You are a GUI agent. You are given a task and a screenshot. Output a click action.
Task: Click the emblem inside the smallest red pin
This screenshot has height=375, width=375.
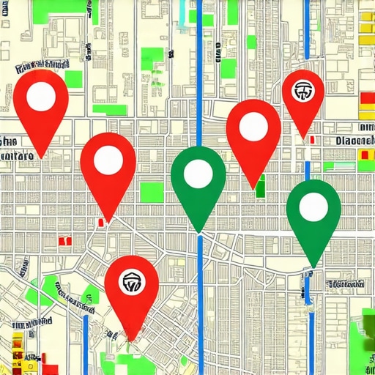tap(302, 92)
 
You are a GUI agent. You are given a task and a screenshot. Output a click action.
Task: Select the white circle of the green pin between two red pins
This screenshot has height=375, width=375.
tap(198, 173)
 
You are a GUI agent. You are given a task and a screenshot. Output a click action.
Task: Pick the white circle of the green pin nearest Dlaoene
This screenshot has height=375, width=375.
tap(313, 205)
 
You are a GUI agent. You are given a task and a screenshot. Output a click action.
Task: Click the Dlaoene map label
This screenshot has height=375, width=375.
tap(354, 141)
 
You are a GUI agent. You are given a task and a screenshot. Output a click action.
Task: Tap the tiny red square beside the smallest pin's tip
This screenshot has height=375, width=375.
tap(313, 139)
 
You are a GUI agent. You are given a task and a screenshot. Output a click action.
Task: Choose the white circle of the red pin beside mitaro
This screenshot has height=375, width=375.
tap(42, 95)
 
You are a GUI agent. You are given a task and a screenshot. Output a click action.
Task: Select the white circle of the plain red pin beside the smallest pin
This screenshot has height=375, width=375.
tap(253, 126)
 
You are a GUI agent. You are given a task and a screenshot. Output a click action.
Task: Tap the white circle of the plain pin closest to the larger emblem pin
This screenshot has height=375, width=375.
tap(108, 160)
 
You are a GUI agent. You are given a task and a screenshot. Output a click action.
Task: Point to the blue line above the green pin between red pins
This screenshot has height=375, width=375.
tap(199, 73)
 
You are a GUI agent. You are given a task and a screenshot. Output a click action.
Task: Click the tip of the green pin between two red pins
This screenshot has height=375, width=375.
tap(198, 232)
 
